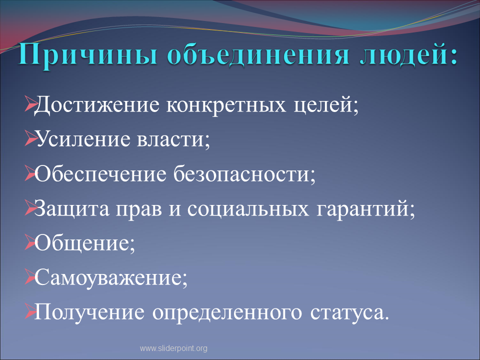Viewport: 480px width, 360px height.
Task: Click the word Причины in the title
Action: [88, 55]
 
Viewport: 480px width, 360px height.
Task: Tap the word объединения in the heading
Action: [258, 54]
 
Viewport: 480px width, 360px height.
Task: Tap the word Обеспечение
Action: [100, 174]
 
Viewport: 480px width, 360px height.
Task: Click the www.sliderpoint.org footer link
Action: [173, 348]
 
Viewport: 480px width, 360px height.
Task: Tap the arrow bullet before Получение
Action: [30, 311]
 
